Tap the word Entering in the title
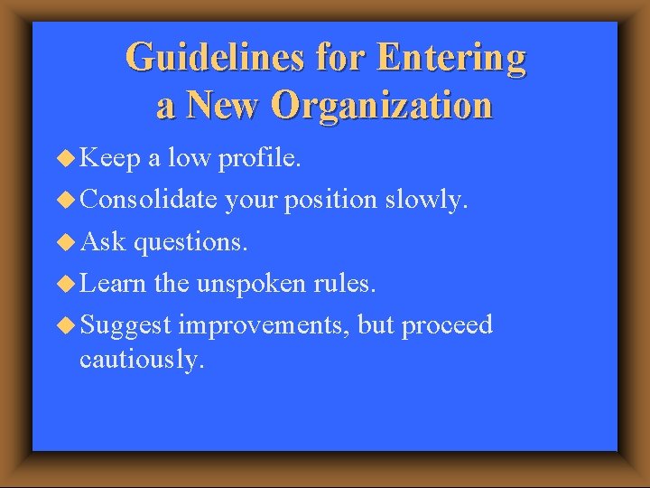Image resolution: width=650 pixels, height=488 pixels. (x=451, y=59)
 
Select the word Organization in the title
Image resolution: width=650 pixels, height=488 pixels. (x=382, y=105)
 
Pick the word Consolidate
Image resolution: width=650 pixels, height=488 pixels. (x=148, y=201)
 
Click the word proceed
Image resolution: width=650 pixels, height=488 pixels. (x=447, y=325)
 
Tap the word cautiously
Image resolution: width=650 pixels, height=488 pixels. (x=142, y=359)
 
